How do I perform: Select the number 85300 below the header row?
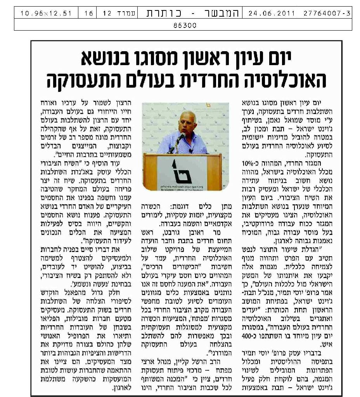point(185,26)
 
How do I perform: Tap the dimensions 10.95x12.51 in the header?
point(47,13)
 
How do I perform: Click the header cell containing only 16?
point(89,13)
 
